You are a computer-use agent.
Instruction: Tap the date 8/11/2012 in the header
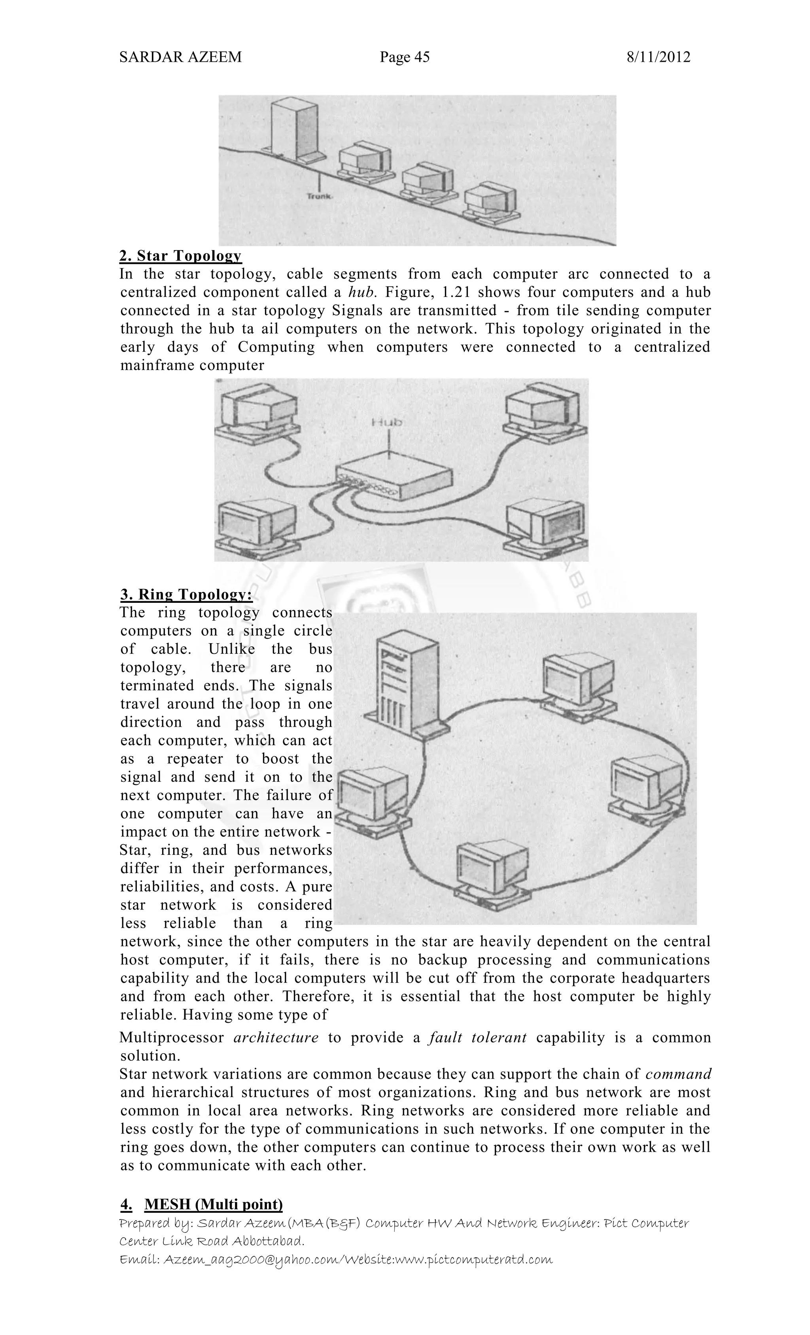pos(658,57)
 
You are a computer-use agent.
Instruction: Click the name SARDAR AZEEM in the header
pos(180,57)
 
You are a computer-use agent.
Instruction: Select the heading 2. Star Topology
pos(180,256)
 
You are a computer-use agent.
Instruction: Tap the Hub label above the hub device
pos(386,422)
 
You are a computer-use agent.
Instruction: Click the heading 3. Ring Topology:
pos(186,594)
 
